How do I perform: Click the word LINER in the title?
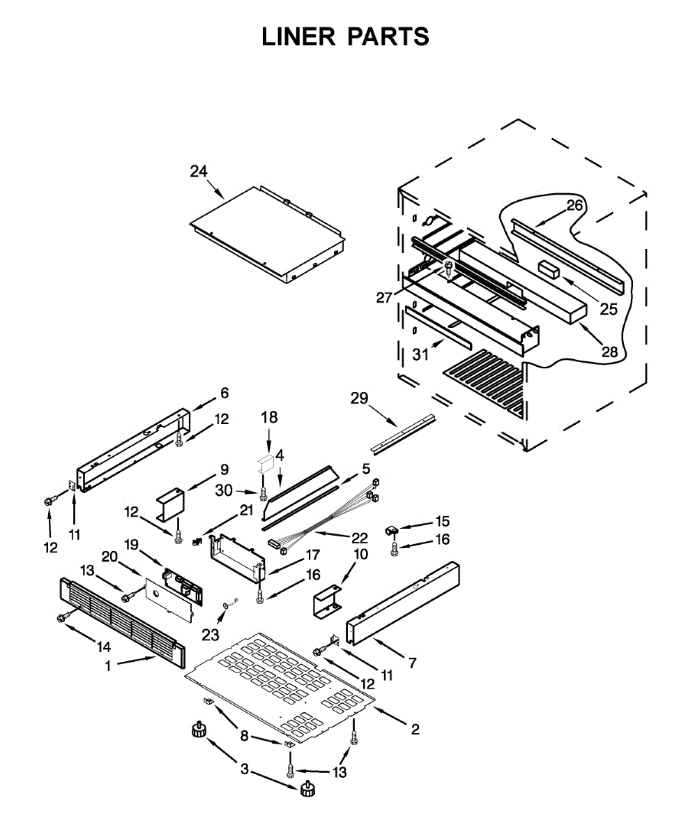[x=298, y=37]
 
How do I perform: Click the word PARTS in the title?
[x=389, y=37]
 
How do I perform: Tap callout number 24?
[x=199, y=171]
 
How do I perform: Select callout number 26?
[x=574, y=205]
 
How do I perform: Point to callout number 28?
[x=610, y=352]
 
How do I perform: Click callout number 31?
[x=420, y=355]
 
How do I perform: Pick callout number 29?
[x=359, y=398]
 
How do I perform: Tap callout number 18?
[x=269, y=418]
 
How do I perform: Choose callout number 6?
[x=224, y=393]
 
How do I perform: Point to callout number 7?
[x=413, y=663]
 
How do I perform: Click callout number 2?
[x=415, y=730]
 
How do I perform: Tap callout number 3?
[x=245, y=769]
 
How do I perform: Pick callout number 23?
[x=211, y=635]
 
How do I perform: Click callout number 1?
[x=108, y=667]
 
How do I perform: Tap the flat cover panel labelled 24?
[x=268, y=234]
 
